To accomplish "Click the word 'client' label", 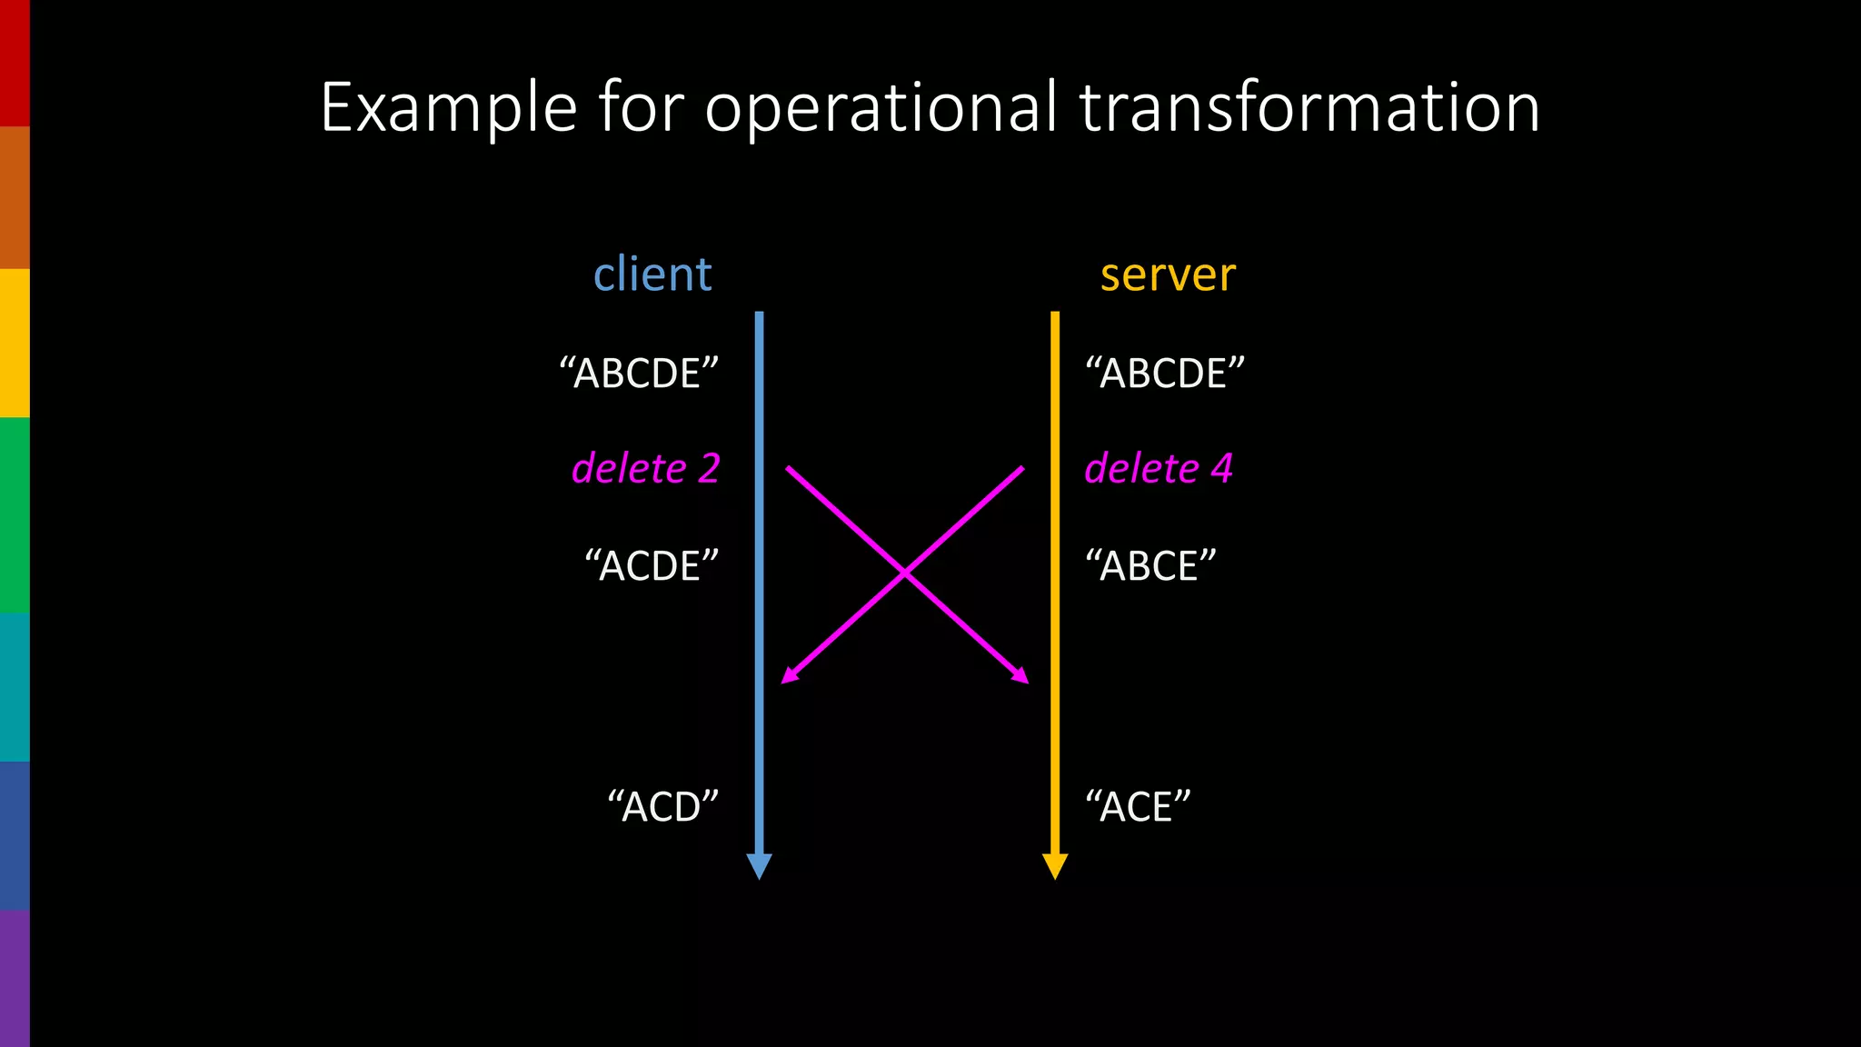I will pos(652,274).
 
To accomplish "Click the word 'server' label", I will pos(1168,274).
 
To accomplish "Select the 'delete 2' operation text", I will pos(645,469).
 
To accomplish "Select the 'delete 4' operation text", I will pos(1159,469).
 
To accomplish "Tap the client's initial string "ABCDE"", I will pos(639,374).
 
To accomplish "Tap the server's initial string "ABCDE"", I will pos(1165,374).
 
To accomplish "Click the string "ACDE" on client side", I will pos(652,566).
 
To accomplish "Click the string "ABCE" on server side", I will pos(1150,566).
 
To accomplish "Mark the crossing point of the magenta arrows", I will pos(905,573).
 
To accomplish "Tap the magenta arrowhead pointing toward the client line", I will pos(789,676).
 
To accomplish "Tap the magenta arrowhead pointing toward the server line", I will pos(1021,676).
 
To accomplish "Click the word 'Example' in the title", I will pos(449,108).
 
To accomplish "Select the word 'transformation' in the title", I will pos(1309,108).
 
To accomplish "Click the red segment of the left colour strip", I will pos(15,63).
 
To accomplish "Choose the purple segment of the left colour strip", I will pos(15,978).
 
